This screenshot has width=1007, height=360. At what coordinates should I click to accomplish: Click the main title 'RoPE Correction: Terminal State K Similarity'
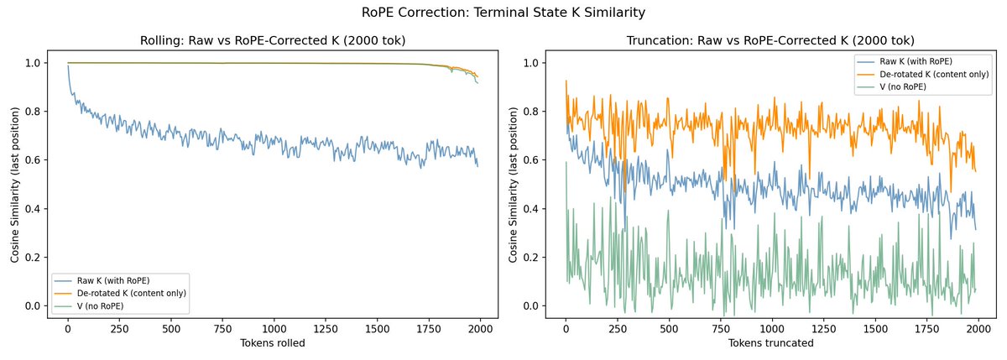(503, 13)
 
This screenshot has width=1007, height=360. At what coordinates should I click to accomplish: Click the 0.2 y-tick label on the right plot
(533, 257)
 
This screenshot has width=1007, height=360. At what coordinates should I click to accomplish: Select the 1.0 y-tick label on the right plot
(533, 63)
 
